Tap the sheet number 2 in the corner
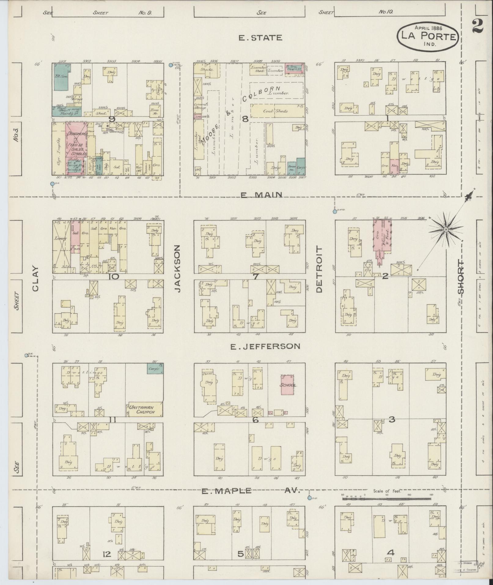(x=477, y=26)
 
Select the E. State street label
(x=260, y=38)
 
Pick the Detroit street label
(x=319, y=269)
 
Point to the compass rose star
(x=446, y=229)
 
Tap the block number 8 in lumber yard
(x=245, y=119)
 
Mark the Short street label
(x=460, y=277)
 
